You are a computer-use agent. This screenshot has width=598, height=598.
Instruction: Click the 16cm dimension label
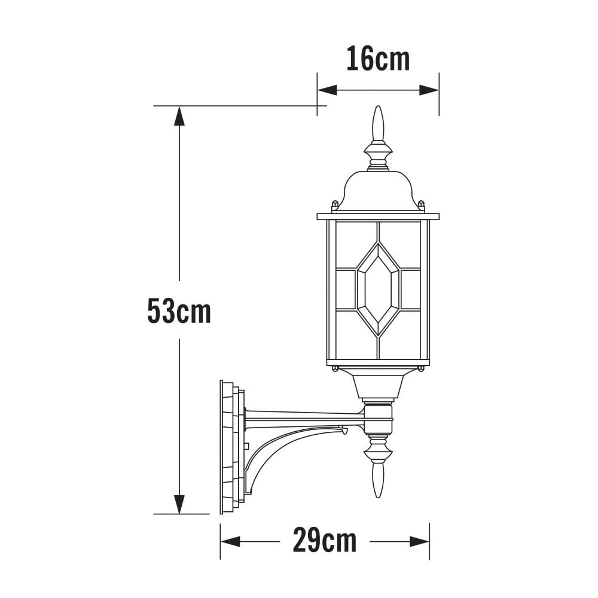click(x=378, y=59)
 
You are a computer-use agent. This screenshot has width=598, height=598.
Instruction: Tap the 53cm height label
click(x=179, y=311)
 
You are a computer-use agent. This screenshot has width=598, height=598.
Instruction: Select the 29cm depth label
click(x=325, y=541)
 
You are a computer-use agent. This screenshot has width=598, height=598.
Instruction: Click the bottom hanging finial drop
click(x=378, y=478)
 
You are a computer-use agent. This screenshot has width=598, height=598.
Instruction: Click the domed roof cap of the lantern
click(x=378, y=190)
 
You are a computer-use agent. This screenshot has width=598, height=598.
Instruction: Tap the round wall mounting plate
click(x=231, y=447)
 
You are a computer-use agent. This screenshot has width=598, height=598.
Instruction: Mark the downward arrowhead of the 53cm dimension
click(x=179, y=504)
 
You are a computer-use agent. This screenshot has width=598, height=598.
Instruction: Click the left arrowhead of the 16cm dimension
click(x=327, y=90)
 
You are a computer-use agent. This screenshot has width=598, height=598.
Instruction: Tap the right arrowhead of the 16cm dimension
click(x=429, y=90)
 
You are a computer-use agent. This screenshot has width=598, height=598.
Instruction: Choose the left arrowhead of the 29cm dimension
click(x=230, y=541)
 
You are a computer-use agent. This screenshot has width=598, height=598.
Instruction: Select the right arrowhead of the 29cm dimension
click(x=420, y=541)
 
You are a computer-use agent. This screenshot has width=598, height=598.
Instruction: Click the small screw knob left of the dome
click(x=335, y=205)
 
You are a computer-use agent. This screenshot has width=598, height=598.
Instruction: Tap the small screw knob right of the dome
click(x=421, y=205)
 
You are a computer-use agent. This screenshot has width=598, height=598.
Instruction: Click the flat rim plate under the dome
click(x=378, y=216)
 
